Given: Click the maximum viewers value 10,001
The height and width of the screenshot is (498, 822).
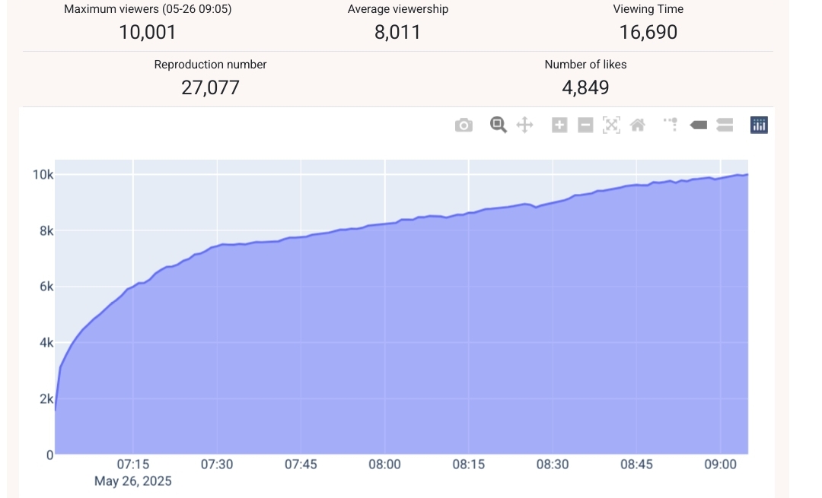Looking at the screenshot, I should [148, 32].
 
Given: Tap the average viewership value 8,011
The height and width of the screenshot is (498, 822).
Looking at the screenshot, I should [397, 32].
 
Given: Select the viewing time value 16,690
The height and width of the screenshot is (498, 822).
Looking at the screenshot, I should [648, 32].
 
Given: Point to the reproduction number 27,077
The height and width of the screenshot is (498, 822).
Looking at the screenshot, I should [210, 87].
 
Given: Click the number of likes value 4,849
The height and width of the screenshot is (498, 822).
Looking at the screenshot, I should [585, 87].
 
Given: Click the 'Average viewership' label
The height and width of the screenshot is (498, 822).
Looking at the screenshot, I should [398, 9].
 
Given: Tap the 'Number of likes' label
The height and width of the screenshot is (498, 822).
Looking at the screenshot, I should [585, 65].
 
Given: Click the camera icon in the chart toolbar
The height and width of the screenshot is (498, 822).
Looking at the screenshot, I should [464, 125].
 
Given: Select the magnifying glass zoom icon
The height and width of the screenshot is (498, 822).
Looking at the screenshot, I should [499, 125].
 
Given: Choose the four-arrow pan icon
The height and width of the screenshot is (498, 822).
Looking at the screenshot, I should [524, 125].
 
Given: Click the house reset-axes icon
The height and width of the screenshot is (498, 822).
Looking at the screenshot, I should [638, 125].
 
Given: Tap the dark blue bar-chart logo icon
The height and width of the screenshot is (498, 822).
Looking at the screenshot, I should [759, 125].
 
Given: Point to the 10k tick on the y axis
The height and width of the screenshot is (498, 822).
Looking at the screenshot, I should [43, 175].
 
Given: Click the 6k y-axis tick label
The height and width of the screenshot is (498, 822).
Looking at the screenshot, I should [46, 287].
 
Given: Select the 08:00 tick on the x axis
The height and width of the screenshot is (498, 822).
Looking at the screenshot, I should [384, 464].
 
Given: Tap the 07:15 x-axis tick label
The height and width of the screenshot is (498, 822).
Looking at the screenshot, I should [132, 464].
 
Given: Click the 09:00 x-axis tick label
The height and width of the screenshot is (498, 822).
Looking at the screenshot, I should [721, 464].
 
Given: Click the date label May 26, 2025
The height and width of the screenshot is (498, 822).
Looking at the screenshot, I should [133, 481].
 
